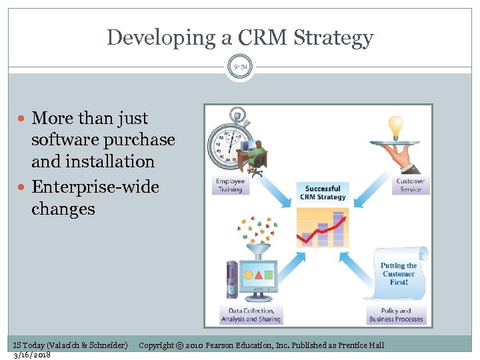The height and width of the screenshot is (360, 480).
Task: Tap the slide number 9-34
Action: pos(240,67)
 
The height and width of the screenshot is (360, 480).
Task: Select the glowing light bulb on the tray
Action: pos(396,125)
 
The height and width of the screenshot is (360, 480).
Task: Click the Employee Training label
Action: pos(230,185)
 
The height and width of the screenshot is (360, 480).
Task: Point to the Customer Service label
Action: pos(410,185)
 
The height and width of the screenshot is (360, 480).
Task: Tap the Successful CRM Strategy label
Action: pos(323,193)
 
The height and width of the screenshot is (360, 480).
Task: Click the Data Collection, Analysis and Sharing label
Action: pos(251,315)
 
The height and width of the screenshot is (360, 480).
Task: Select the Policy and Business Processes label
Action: pos(396,315)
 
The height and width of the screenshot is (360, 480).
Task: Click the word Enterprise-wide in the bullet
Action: pos(95,187)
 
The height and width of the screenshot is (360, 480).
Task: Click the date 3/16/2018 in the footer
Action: pos(32,354)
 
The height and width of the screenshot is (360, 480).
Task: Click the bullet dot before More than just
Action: pos(23,119)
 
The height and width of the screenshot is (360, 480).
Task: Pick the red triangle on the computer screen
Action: pos(258,275)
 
